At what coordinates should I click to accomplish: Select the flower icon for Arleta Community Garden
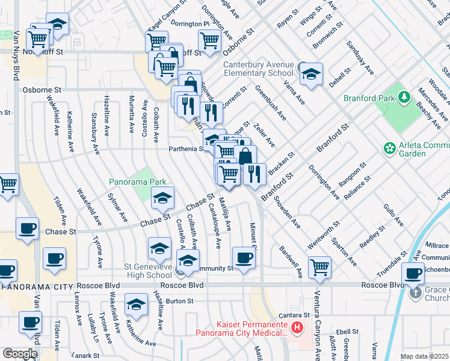390,147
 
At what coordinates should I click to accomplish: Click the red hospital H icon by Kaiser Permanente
296,329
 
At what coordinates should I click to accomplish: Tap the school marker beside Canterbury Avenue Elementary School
311,75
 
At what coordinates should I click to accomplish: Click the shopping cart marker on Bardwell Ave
319,267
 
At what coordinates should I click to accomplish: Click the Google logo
20,353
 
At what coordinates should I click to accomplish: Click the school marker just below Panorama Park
162,197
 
